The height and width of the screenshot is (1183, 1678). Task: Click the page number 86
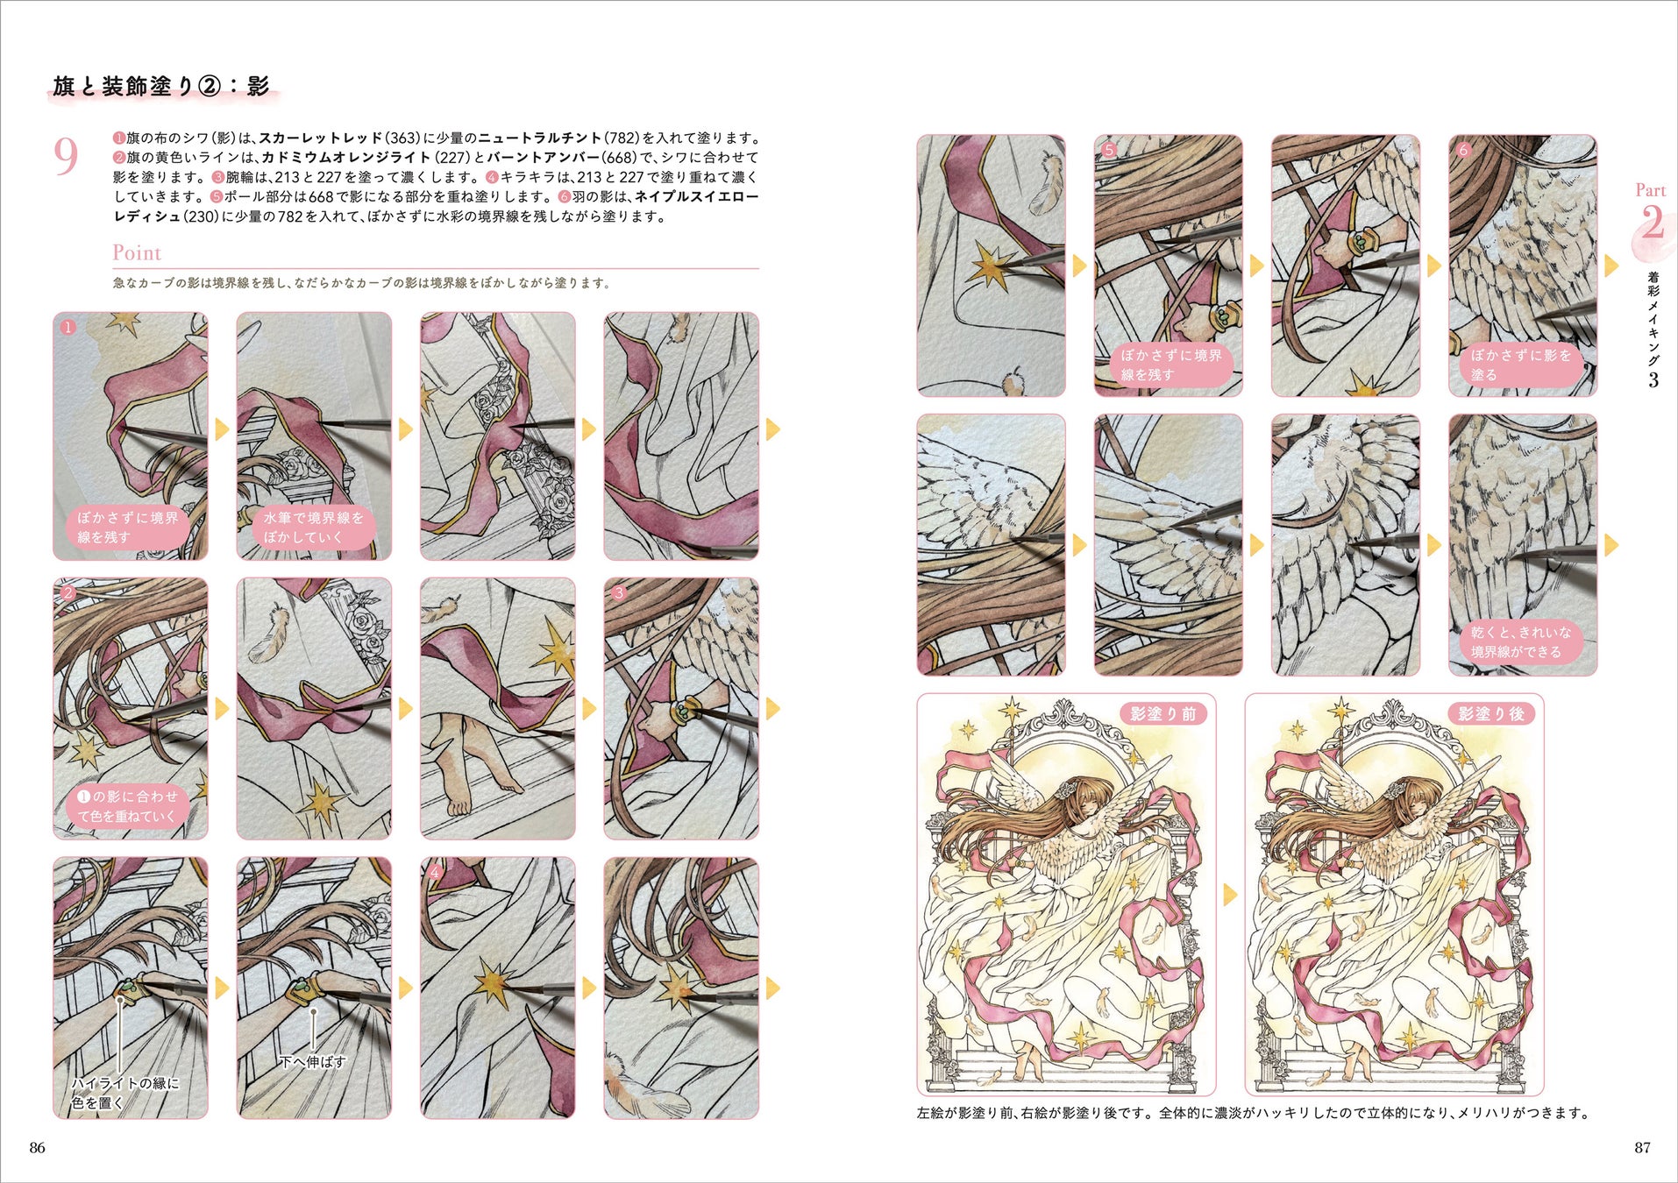point(37,1147)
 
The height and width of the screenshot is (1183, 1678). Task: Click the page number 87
point(1642,1147)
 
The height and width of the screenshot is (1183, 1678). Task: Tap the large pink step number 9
point(66,157)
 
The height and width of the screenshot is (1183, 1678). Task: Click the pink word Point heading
point(137,253)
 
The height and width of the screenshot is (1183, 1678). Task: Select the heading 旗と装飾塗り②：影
point(161,86)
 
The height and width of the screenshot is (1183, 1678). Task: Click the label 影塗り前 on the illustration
point(1163,713)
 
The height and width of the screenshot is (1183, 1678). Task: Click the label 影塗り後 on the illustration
point(1491,713)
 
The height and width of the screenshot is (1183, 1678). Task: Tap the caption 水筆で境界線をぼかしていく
point(313,527)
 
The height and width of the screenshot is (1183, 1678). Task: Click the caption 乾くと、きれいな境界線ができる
point(1521,641)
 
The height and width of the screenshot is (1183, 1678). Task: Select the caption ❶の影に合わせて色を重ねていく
point(127,805)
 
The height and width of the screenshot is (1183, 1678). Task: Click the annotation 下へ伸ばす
point(312,1061)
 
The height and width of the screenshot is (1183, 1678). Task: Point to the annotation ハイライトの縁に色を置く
point(124,1093)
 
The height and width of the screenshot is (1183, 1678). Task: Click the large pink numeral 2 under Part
point(1652,223)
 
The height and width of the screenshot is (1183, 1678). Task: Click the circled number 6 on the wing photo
point(1462,150)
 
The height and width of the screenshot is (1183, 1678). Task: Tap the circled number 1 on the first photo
point(68,327)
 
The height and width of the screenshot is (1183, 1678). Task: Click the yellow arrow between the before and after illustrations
point(1230,894)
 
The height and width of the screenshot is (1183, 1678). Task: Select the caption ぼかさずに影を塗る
point(1521,365)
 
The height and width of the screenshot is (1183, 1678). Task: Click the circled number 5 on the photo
point(1109,150)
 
